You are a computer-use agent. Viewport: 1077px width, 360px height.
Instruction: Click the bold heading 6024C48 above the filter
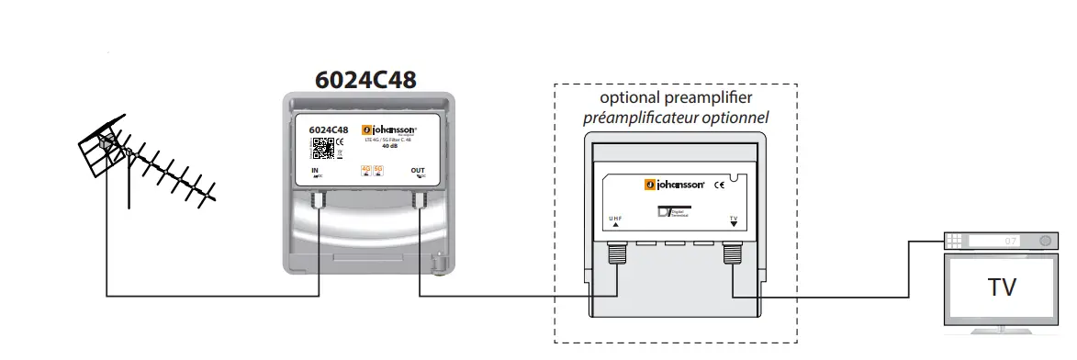tap(365, 80)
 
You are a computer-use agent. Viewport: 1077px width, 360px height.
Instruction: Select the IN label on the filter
tap(315, 172)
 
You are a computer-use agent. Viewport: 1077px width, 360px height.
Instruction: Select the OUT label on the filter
tap(418, 171)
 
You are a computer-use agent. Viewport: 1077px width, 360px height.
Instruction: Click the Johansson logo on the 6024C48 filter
tap(389, 129)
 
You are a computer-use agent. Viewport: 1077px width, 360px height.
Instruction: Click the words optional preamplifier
tap(676, 98)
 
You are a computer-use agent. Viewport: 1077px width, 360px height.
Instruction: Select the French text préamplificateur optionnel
tap(676, 118)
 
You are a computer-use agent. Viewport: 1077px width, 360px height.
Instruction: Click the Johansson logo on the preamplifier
tap(674, 186)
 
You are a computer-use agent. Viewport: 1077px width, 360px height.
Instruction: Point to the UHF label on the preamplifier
tap(615, 219)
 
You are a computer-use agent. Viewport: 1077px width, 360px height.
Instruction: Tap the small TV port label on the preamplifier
tap(733, 219)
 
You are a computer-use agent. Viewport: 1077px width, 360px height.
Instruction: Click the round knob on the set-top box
tap(1044, 241)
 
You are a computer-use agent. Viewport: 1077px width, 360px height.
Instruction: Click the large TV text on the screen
tap(1002, 288)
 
